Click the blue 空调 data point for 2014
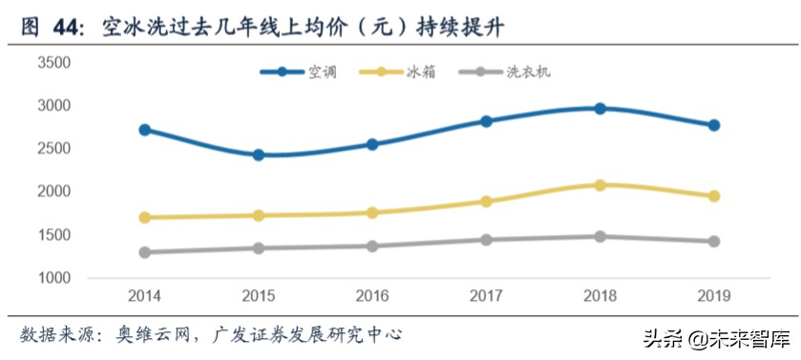point(145,130)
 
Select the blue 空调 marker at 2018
point(600,109)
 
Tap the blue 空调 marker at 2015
point(259,155)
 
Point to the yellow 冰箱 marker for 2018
point(600,185)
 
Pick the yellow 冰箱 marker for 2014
point(145,218)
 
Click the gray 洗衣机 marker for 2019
point(713,242)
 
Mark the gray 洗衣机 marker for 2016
point(372,246)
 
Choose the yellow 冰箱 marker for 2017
point(486,201)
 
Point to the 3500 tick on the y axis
point(54,63)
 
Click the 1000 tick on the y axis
point(54,279)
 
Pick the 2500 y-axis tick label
point(54,149)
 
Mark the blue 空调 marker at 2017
point(486,121)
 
